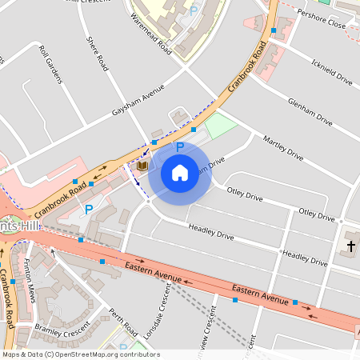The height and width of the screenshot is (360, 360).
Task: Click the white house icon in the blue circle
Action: pos(180,172)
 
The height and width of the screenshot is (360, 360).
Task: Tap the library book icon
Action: pos(142,166)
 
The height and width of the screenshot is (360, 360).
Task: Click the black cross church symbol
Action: pos(350,246)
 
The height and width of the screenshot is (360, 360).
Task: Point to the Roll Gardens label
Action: pos(51,63)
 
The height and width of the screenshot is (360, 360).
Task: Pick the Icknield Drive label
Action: pos(332,70)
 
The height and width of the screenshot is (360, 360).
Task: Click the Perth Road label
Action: pos(125,323)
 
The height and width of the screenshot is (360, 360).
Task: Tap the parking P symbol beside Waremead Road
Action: pos(193,11)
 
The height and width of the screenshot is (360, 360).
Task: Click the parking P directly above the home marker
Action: pos(180,147)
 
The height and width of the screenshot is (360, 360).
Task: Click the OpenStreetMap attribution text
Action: pos(80,354)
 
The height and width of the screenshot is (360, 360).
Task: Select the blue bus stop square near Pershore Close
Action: pos(274,30)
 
